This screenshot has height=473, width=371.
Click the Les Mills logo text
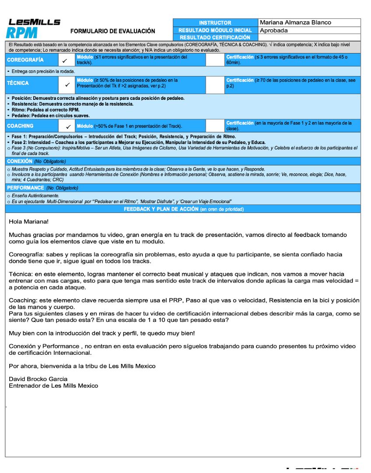click(x=34, y=22)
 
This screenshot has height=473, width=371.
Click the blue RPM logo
click(x=21, y=32)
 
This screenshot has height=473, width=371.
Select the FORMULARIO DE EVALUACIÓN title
click(x=112, y=31)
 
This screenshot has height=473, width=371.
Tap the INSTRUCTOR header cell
click(x=215, y=23)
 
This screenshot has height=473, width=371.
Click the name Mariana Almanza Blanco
click(x=295, y=22)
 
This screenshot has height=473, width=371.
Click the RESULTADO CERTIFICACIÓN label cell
click(x=215, y=38)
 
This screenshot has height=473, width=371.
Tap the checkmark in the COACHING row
click(x=67, y=126)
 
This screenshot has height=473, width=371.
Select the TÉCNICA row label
click(x=18, y=83)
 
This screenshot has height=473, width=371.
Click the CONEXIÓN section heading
click(x=20, y=161)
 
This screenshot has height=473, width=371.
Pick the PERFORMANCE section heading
click(x=25, y=187)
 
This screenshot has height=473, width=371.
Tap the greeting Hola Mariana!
click(x=28, y=222)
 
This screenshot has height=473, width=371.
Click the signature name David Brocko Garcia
click(x=38, y=379)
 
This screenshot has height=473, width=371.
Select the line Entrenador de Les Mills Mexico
click(x=53, y=386)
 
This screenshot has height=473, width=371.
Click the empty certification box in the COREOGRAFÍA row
click(x=215, y=60)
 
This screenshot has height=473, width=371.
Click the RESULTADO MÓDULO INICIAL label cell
click(x=215, y=30)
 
